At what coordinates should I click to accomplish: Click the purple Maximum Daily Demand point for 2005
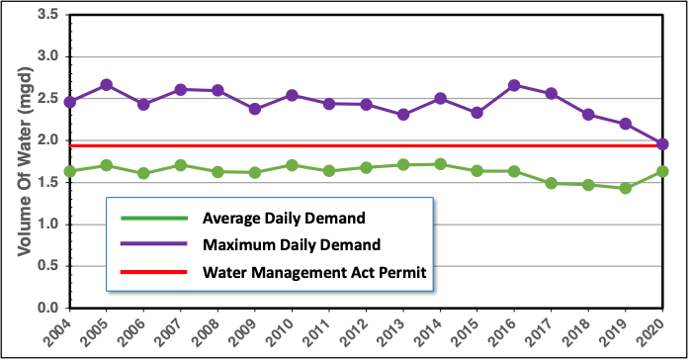click(x=106, y=85)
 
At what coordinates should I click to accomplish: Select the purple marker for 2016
click(x=513, y=85)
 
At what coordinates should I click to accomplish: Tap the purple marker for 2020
click(x=662, y=144)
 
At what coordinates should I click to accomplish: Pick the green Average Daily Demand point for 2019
click(x=625, y=188)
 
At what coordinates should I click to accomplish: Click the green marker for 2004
click(x=69, y=171)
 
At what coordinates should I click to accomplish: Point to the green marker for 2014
click(x=440, y=164)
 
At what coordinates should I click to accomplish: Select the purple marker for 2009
click(x=255, y=109)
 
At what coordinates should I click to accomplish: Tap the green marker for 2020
click(x=662, y=171)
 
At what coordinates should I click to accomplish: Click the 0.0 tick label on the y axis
click(x=43, y=308)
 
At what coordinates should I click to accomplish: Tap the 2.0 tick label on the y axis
click(x=43, y=140)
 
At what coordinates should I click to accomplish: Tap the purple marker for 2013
click(x=403, y=115)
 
